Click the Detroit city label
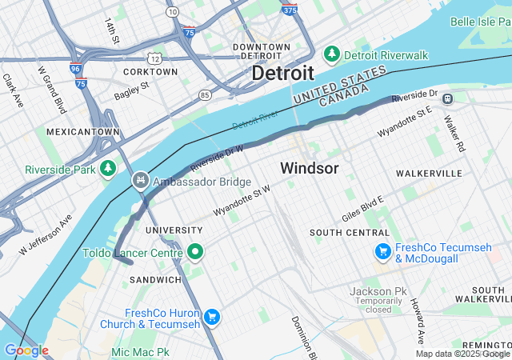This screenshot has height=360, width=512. (x=282, y=73)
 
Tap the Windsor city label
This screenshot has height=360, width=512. (x=309, y=169)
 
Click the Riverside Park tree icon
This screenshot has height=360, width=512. (x=109, y=169)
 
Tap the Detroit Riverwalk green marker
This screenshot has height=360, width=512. (x=331, y=54)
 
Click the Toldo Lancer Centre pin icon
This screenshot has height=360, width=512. (x=196, y=253)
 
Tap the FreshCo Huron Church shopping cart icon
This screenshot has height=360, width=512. (x=211, y=318)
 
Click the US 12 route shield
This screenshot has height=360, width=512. (x=154, y=58)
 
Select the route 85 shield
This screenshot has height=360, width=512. (x=206, y=95)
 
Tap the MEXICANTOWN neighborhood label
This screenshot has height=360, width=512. (x=83, y=131)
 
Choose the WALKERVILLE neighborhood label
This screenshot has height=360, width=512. (x=429, y=173)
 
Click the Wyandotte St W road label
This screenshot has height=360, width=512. (x=241, y=200)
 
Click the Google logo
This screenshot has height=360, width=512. (x=26, y=350)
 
